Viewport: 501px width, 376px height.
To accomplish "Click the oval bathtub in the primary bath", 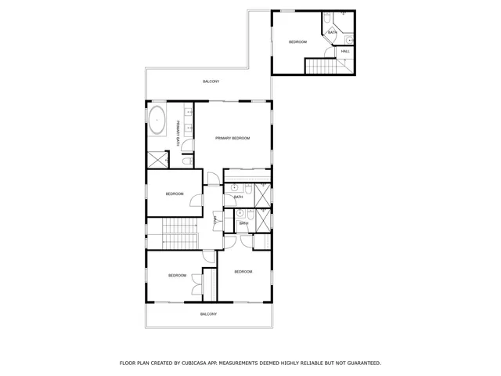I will [157, 121].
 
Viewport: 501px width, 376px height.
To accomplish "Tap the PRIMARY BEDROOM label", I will [232, 138].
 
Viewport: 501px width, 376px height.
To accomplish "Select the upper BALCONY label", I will [211, 81].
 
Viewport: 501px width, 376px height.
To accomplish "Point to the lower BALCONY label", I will [207, 313].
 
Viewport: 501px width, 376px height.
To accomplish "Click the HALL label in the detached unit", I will [345, 52].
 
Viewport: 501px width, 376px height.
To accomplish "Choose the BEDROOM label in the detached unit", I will [297, 42].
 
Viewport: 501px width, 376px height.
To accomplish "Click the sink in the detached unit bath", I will [350, 38].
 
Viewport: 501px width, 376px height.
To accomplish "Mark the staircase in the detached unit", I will [319, 67].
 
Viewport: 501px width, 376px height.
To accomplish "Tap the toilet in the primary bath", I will [188, 161].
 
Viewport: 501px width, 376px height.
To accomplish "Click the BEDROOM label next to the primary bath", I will [174, 194].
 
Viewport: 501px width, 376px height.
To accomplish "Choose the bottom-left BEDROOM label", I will [177, 275].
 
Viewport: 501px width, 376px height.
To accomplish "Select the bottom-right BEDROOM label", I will [243, 271].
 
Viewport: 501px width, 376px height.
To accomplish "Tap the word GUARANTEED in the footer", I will [359, 363].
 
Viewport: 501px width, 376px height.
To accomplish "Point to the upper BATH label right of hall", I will [238, 197].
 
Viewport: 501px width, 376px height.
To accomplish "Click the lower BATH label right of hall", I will [243, 223].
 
